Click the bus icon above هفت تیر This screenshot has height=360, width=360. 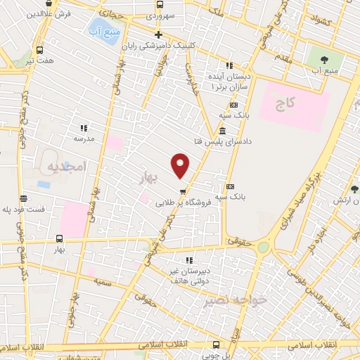tap(39, 51)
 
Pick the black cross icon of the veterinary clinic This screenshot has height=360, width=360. tap(158, 34)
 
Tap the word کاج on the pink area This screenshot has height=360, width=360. tap(284, 104)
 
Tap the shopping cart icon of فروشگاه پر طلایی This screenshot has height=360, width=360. tap(183, 191)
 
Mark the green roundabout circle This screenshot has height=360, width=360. tap(264, 247)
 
